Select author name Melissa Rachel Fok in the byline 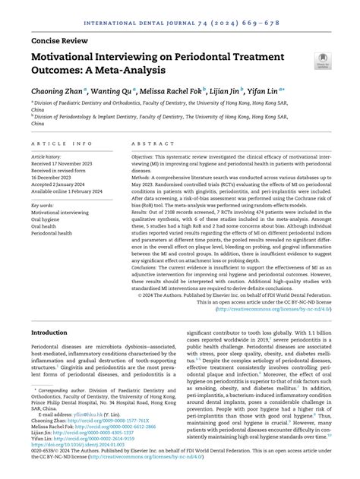click(x=183, y=90)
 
